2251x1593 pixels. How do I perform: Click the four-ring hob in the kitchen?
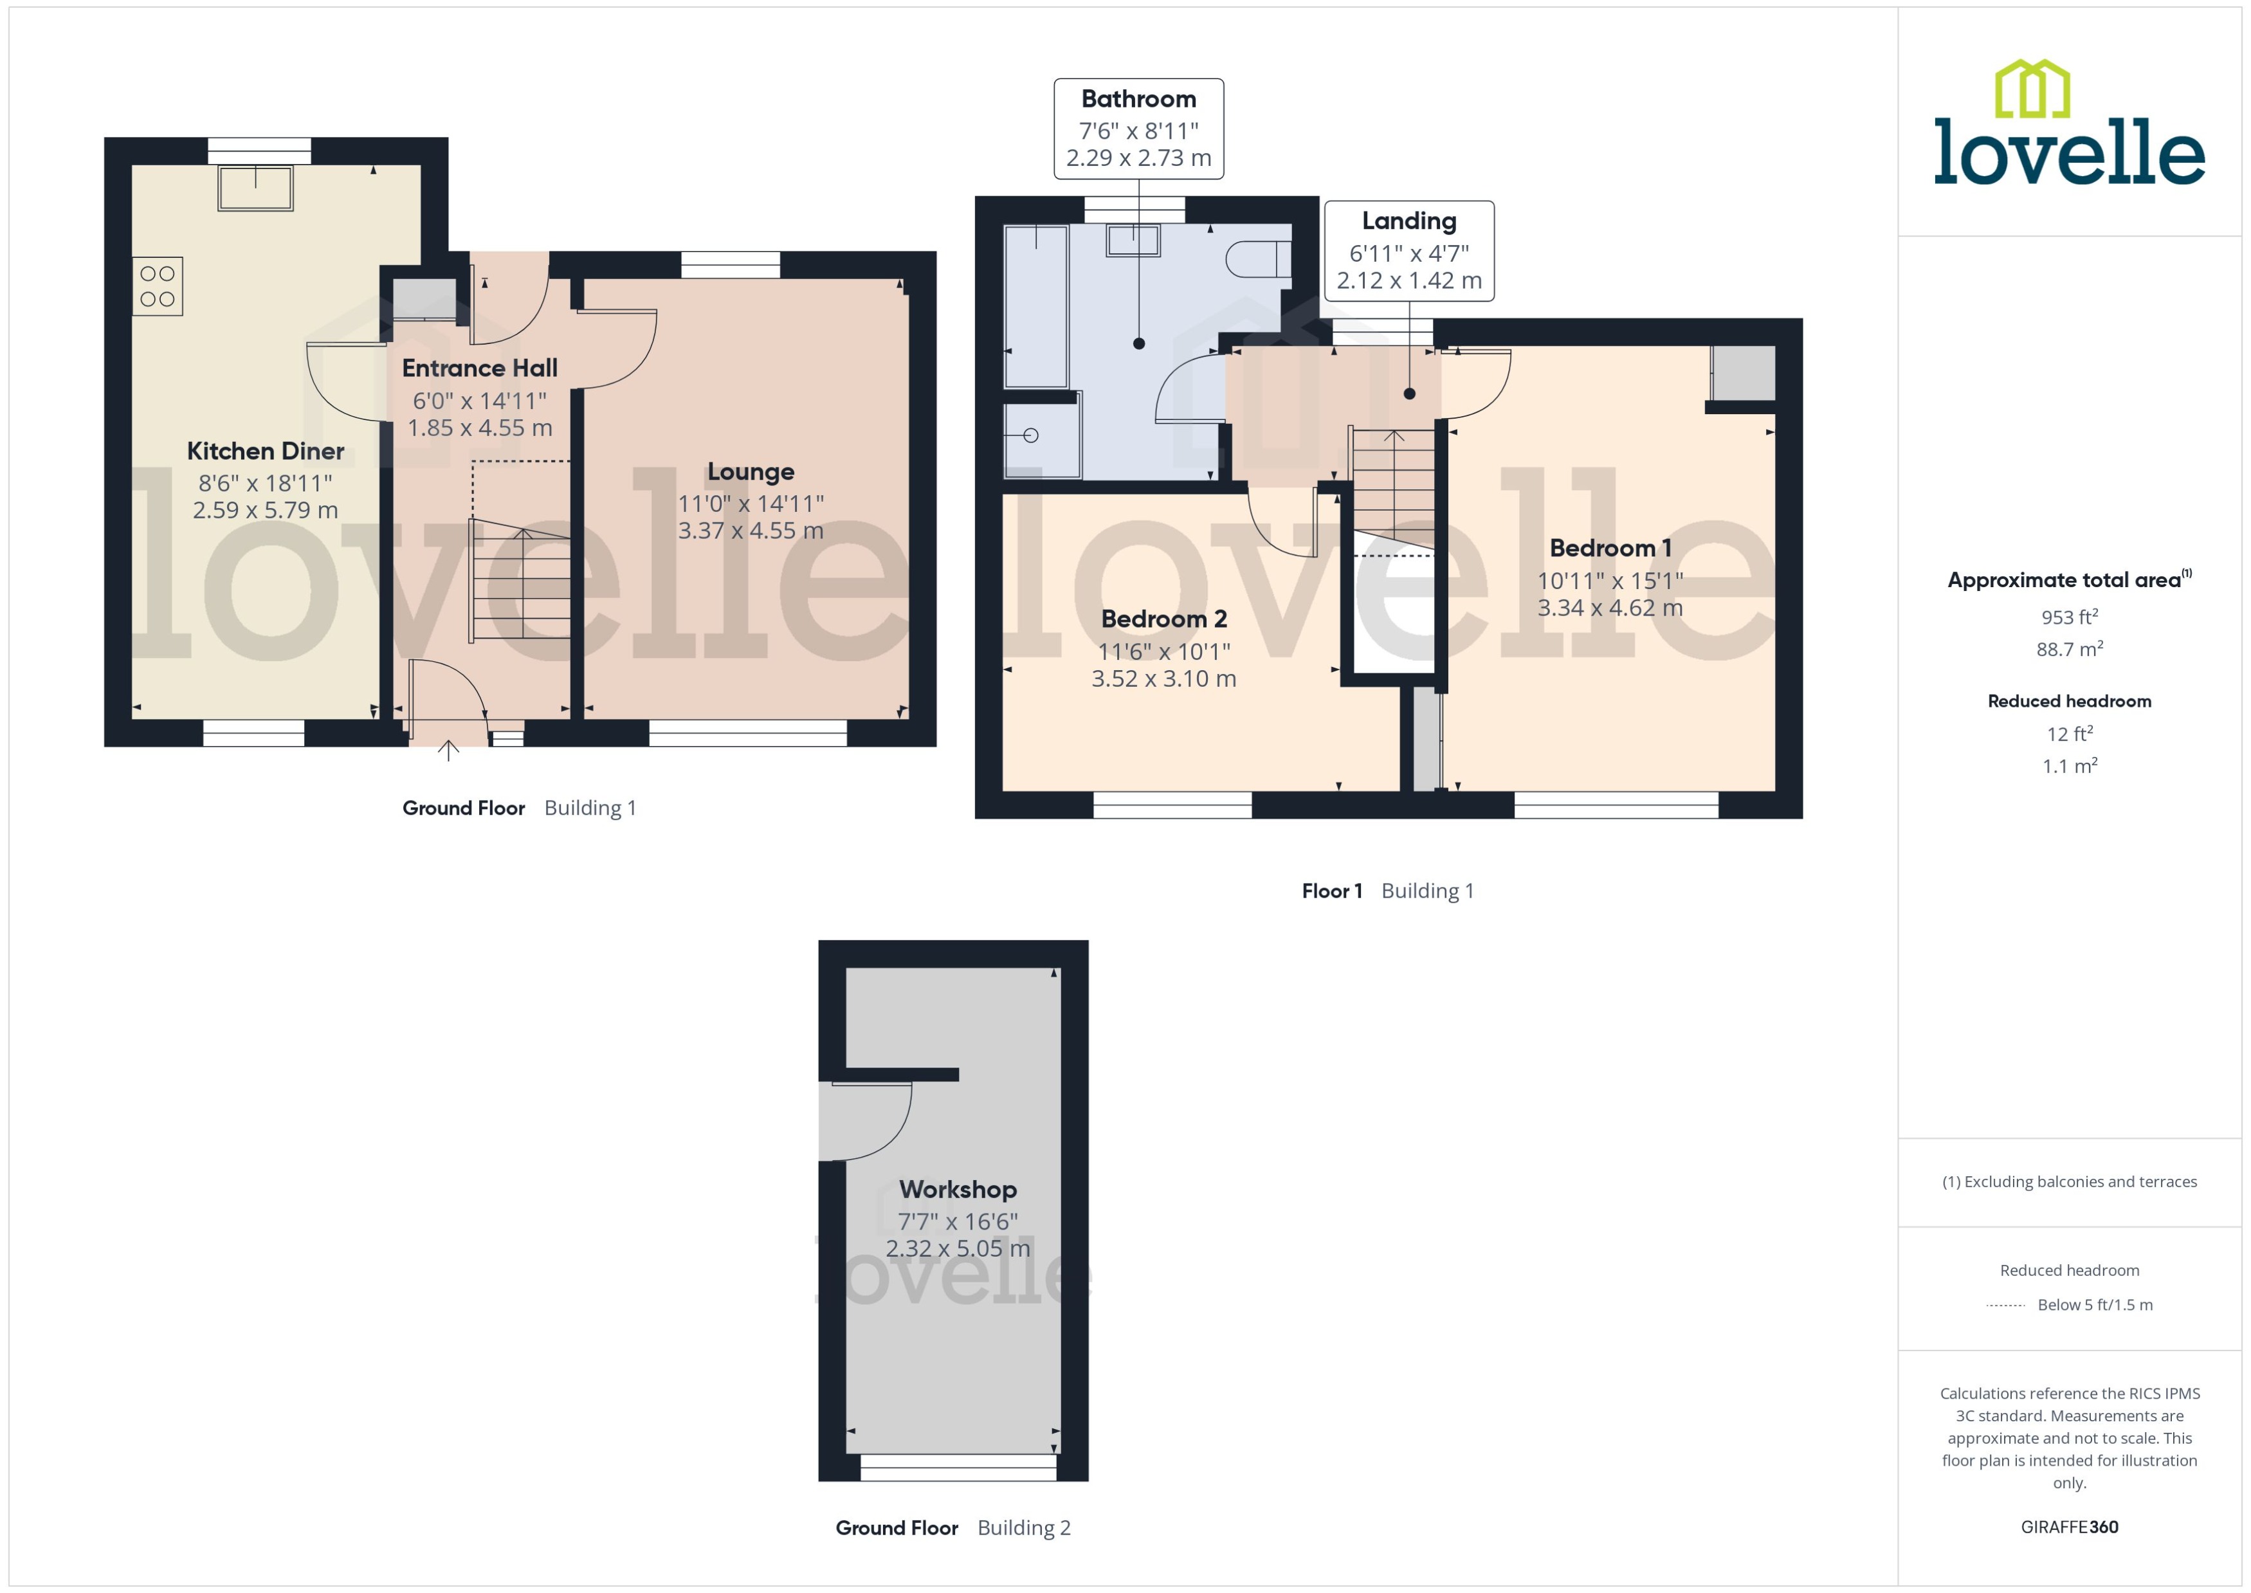click(x=157, y=286)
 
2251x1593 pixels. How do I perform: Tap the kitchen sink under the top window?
click(x=256, y=188)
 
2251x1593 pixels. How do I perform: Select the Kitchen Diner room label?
click(x=265, y=451)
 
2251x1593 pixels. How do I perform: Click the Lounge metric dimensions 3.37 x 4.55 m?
click(x=751, y=531)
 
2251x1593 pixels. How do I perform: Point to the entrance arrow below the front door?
click(x=448, y=751)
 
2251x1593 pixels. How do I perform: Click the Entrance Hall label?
click(x=480, y=368)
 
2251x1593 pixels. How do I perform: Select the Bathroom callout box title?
click(x=1138, y=99)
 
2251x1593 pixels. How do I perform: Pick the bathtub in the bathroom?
click(x=1035, y=306)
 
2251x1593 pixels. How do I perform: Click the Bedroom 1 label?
click(x=1610, y=549)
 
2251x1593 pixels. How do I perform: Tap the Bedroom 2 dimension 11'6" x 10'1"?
click(x=1163, y=651)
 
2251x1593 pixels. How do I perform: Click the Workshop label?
click(x=957, y=1190)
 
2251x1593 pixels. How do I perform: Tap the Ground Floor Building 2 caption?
click(x=952, y=1527)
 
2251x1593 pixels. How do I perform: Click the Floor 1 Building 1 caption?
click(x=1387, y=891)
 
